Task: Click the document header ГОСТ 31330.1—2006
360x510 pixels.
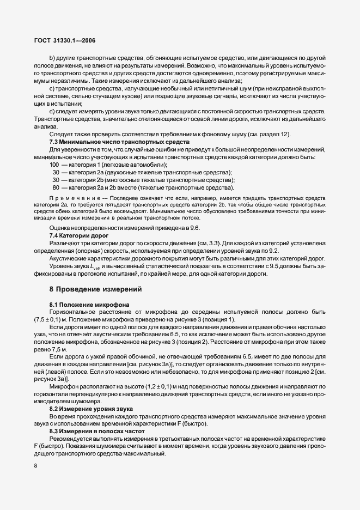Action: tap(65, 40)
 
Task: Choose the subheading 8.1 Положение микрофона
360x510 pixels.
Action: tap(87, 304)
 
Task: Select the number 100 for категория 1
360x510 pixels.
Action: tap(54, 165)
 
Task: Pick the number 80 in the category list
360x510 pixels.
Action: tap(56, 187)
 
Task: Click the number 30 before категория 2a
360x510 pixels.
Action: tap(56, 172)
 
